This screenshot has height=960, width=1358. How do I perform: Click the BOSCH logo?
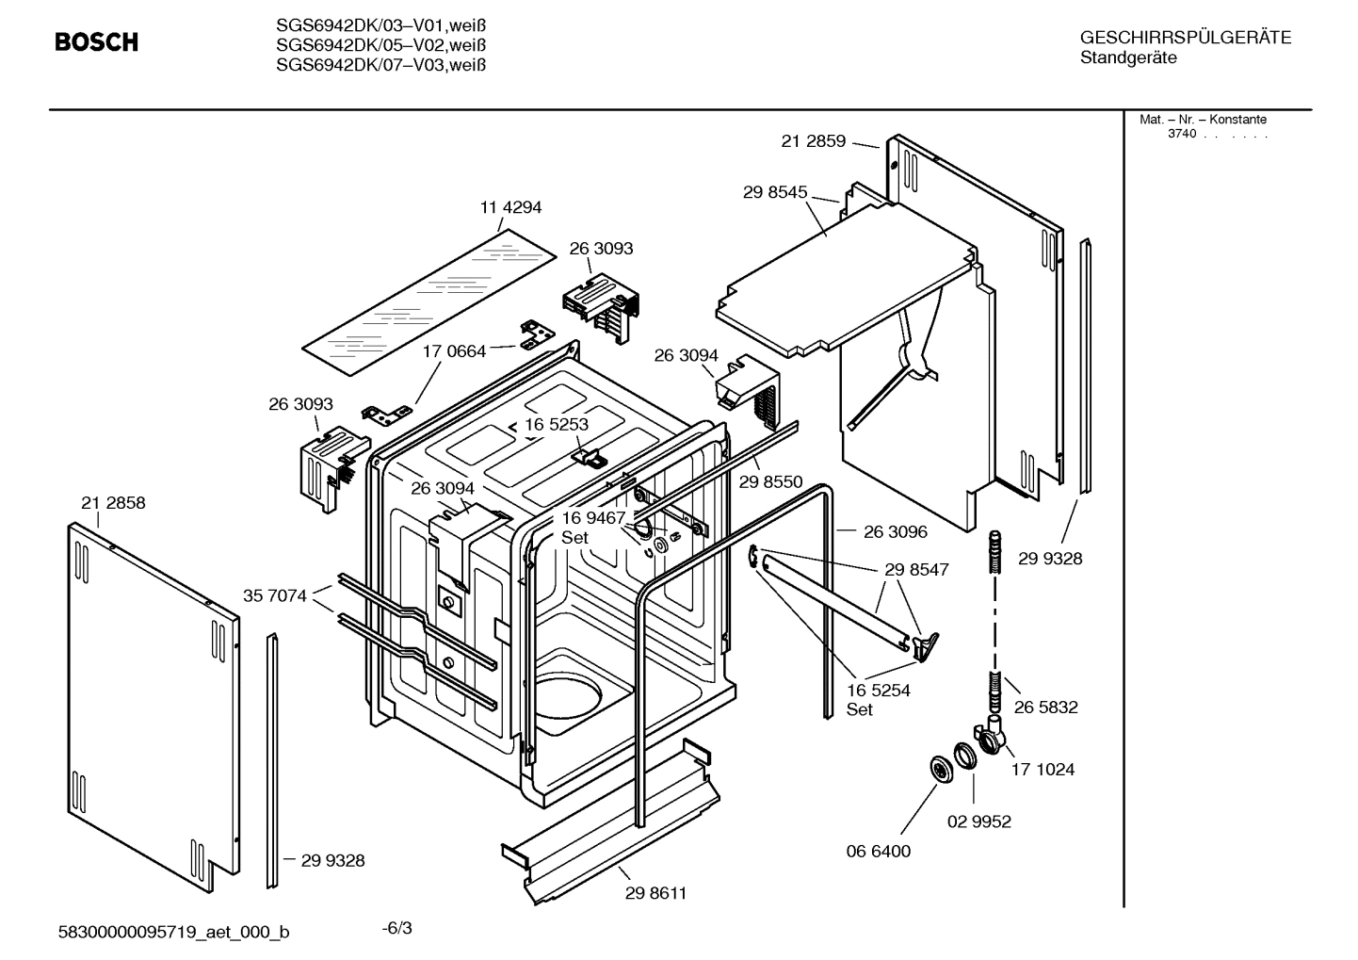tap(96, 42)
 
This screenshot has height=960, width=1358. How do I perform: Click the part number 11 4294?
tap(511, 207)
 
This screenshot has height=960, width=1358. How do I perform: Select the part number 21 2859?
tap(814, 141)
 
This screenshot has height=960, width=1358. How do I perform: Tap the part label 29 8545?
tap(775, 192)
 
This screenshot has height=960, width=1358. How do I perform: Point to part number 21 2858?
tap(113, 503)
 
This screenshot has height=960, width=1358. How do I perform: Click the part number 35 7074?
tap(275, 595)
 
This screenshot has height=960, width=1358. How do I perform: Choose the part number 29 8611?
tap(655, 893)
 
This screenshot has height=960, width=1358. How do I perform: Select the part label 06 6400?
tap(879, 851)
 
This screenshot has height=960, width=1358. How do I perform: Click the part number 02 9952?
tap(978, 822)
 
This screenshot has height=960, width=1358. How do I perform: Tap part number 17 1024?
tap(1043, 769)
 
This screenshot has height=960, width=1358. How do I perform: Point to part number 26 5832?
tap(1045, 707)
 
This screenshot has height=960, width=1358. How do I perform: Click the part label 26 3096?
tap(895, 531)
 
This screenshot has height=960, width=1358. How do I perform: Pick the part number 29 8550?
tap(770, 481)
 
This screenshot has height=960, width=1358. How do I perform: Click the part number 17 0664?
tap(454, 351)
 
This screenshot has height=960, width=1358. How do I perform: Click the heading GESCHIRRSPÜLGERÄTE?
tap(1185, 38)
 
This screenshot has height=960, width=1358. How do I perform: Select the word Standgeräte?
tap(1128, 58)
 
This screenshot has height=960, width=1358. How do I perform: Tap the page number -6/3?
tap(396, 928)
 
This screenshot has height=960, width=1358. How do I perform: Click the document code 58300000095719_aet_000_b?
tap(174, 932)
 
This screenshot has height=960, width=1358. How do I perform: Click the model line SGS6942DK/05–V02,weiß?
tap(381, 44)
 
